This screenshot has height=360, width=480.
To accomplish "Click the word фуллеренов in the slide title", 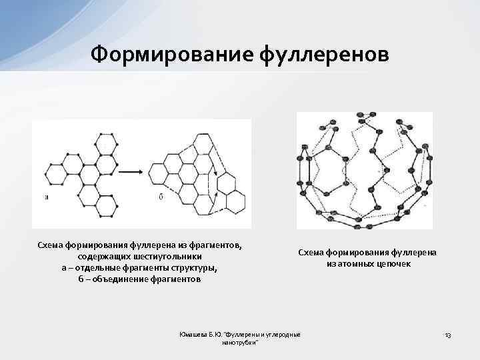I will (325, 53).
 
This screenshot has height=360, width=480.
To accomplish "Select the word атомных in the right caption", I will (353, 263).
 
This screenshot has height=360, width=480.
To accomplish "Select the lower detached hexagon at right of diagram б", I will (234, 200).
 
